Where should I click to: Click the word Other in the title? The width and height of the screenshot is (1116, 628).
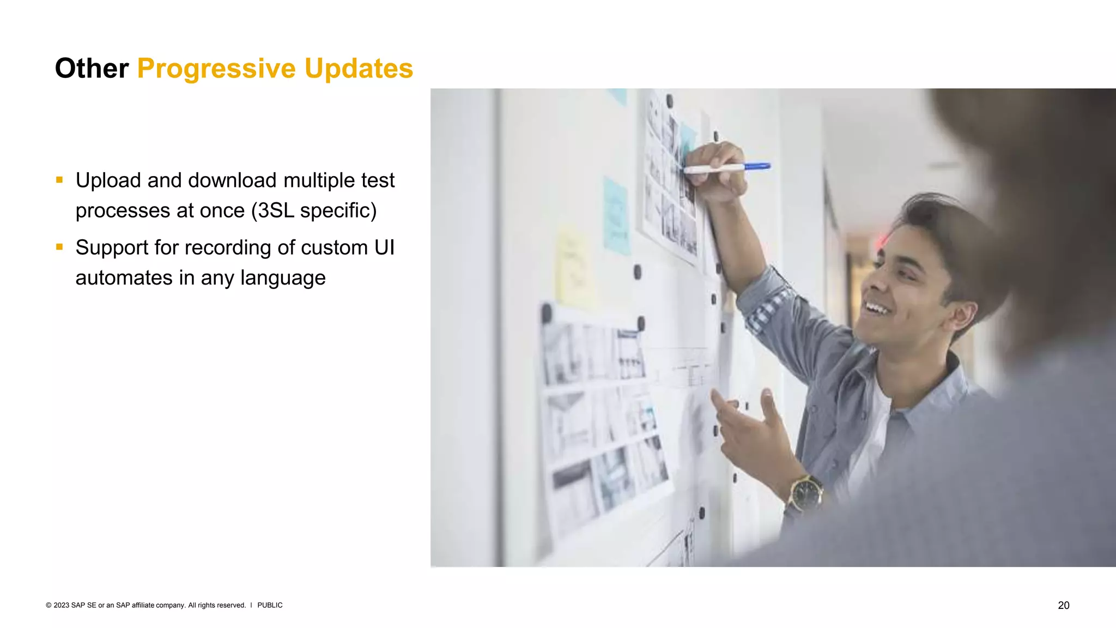(x=92, y=69)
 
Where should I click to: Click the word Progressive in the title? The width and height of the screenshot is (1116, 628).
(x=216, y=69)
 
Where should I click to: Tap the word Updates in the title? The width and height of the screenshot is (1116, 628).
(x=359, y=69)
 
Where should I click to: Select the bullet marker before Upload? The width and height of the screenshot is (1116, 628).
(x=59, y=180)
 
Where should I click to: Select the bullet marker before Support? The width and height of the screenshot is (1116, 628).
(x=59, y=247)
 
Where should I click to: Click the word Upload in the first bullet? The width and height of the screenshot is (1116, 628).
(x=108, y=180)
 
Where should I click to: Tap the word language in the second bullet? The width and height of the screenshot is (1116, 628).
(x=283, y=278)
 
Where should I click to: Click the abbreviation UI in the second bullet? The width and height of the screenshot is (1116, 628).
(x=384, y=247)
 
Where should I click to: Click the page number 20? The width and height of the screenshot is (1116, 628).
(x=1063, y=605)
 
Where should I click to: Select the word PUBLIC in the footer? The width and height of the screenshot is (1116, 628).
(x=270, y=605)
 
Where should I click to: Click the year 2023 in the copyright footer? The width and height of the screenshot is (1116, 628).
(x=61, y=605)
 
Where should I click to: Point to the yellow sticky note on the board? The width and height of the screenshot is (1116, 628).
(x=573, y=267)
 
